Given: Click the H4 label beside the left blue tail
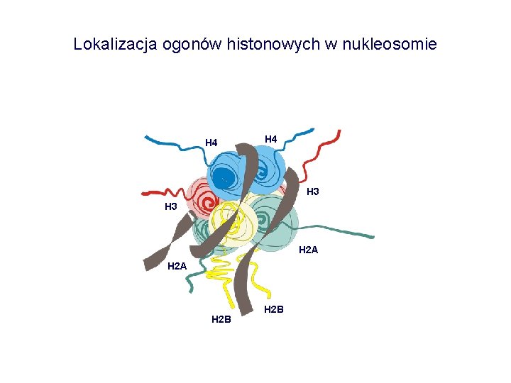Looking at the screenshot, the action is [x=211, y=143].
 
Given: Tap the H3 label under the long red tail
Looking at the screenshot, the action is [x=312, y=191].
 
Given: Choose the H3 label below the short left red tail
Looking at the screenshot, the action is [x=171, y=207].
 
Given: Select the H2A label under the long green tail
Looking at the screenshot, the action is [x=309, y=250].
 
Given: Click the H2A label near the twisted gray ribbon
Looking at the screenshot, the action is [x=177, y=267].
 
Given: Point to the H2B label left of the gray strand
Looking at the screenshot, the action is [x=221, y=320].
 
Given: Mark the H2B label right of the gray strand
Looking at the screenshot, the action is [x=274, y=309].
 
